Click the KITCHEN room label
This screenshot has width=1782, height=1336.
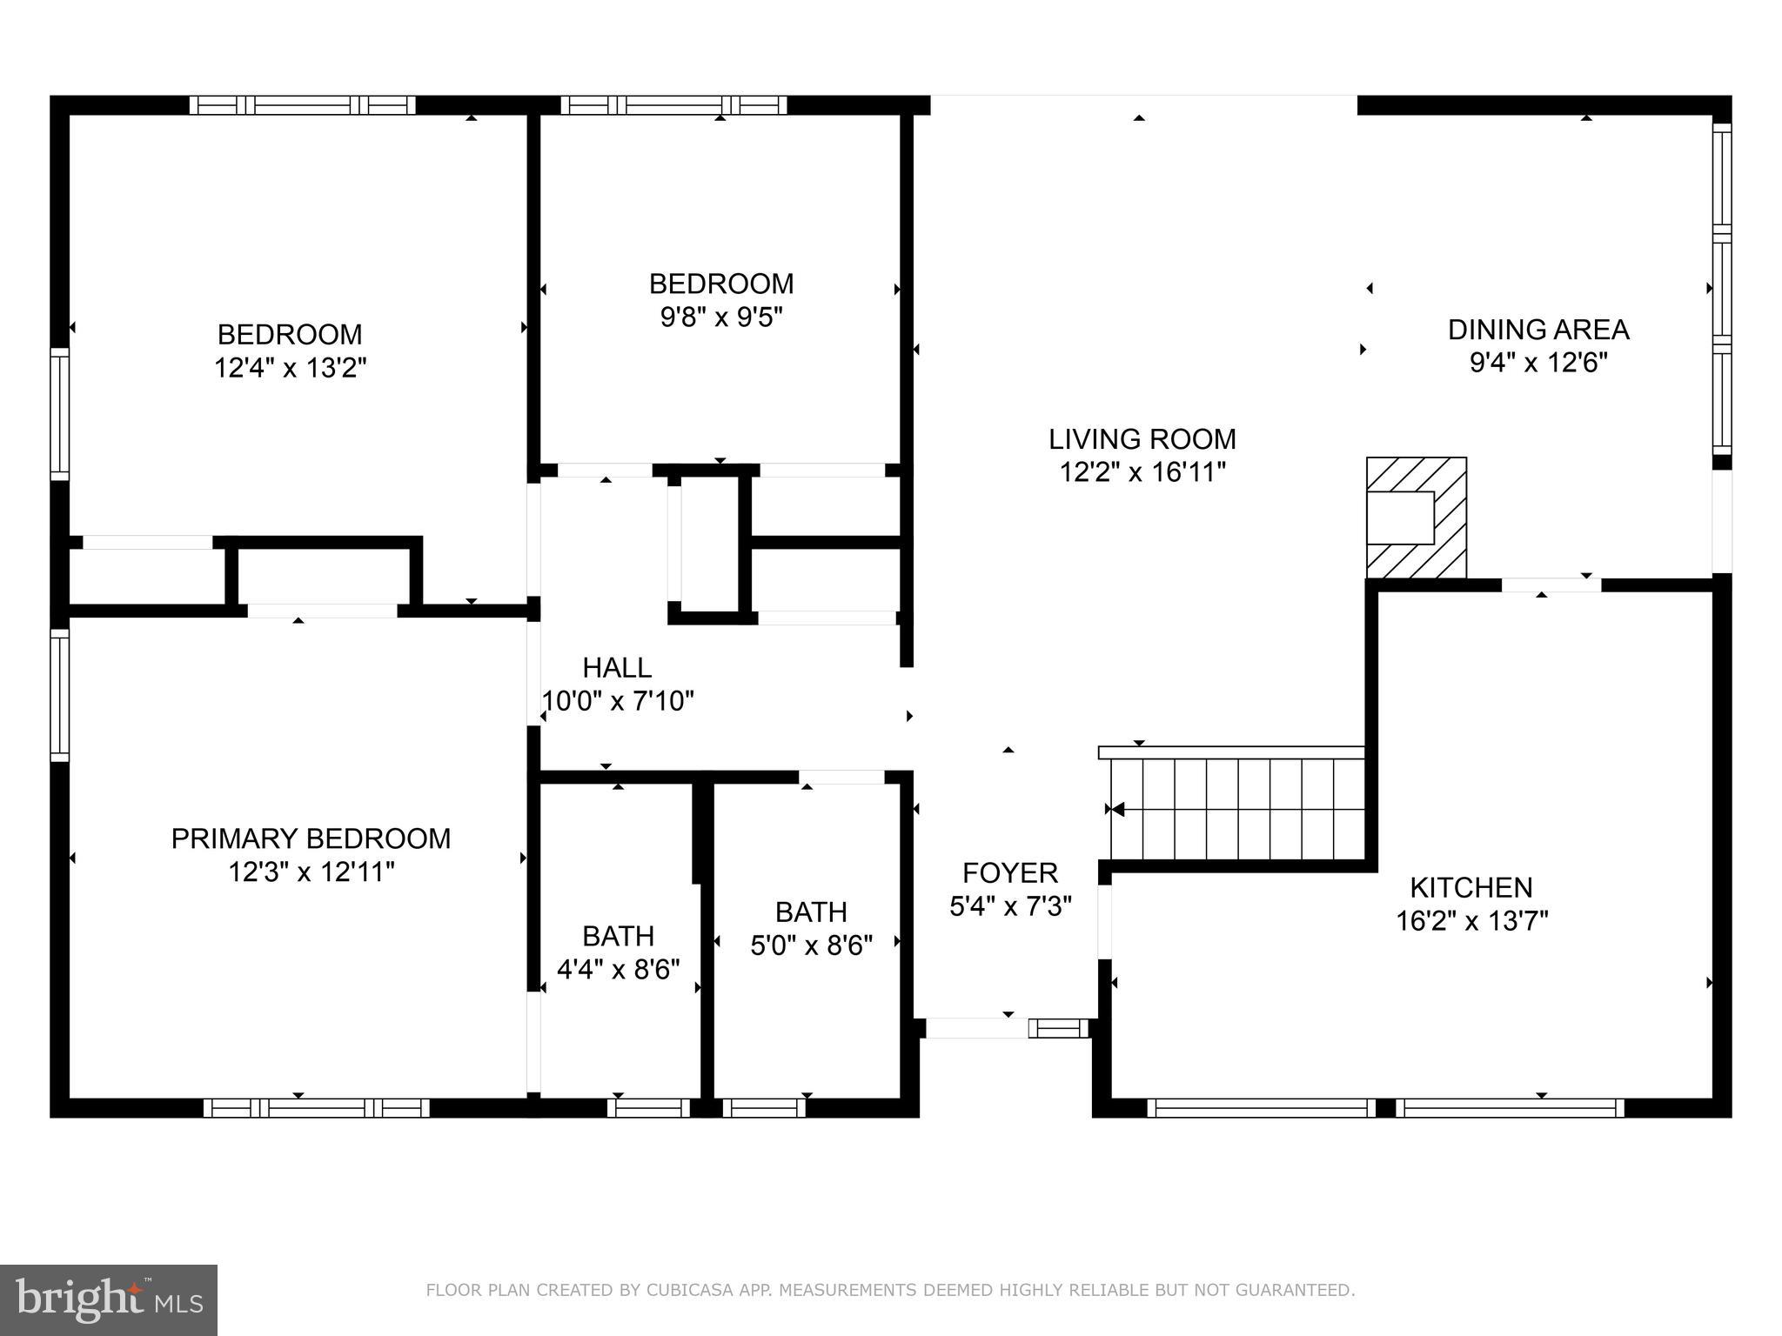pyautogui.click(x=1471, y=887)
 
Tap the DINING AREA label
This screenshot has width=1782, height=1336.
pyautogui.click(x=1538, y=330)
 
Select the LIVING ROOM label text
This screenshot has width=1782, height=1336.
pyautogui.click(x=1142, y=439)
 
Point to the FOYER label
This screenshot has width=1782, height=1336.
pyautogui.click(x=1010, y=872)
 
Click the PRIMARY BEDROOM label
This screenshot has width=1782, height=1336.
pyautogui.click(x=311, y=838)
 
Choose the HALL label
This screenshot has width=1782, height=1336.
pyautogui.click(x=617, y=668)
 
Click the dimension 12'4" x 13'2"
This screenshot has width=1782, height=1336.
pyautogui.click(x=291, y=368)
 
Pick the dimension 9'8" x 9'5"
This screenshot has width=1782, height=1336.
pyautogui.click(x=721, y=317)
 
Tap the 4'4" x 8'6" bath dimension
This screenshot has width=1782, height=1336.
pyautogui.click(x=618, y=969)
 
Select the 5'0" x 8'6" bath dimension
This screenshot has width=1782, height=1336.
pyautogui.click(x=811, y=945)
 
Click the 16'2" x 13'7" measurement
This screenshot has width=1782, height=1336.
pyautogui.click(x=1472, y=920)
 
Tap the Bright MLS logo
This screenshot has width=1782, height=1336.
pyautogui.click(x=109, y=1300)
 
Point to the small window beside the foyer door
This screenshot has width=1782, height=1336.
pyautogui.click(x=1058, y=1028)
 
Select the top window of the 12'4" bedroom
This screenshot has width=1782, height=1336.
pyautogui.click(x=303, y=105)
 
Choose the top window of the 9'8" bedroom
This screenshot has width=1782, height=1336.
pyautogui.click(x=673, y=105)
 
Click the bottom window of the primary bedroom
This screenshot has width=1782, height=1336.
pyautogui.click(x=317, y=1108)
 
